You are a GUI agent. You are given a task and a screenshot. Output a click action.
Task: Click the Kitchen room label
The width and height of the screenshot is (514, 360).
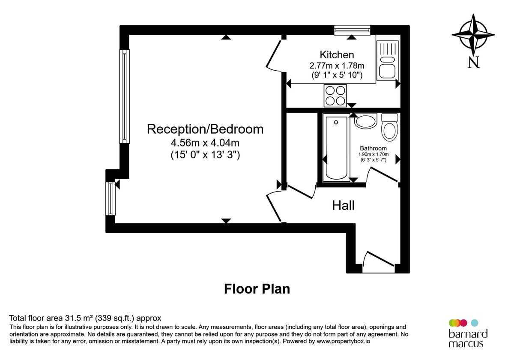coord(337,55)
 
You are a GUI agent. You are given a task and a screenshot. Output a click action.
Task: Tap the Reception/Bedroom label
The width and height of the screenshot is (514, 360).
coord(205,129)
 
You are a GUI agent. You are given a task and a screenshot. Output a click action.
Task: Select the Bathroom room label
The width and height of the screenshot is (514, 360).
coord(373,148)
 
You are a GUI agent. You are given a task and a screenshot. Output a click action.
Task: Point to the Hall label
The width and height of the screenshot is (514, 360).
coord(343,206)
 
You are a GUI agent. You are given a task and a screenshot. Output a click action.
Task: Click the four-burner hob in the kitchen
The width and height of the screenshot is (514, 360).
coord(335,96)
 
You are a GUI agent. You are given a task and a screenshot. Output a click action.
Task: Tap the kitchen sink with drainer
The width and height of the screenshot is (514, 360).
coord(388,60)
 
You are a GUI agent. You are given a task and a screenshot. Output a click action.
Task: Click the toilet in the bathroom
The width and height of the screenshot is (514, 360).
coord(390,127)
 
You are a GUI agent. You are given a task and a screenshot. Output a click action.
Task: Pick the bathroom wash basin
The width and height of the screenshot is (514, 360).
coord(365,121)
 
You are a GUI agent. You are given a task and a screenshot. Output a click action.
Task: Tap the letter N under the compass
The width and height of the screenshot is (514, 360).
coord(473,63)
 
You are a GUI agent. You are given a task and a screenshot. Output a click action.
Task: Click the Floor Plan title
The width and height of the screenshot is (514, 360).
coord(257,289)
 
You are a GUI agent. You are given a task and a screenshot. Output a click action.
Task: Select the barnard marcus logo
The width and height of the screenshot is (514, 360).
coord(468,333)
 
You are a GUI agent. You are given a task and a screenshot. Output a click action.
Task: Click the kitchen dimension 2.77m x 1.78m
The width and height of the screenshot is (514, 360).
coord(337,66)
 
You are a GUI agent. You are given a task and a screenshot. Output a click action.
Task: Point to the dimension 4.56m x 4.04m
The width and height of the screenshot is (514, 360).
coord(205,142)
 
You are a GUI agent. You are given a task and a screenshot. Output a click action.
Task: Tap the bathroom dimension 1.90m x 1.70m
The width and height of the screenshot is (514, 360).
coord(373,154)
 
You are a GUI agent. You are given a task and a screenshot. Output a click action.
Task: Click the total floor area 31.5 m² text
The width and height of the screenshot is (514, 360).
coord(85,318)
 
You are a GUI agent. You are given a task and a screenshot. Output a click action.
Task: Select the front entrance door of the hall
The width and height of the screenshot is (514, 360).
coord(378,262)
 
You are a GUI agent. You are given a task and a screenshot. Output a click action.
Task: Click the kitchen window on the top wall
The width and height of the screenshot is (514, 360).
coord(352,30)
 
